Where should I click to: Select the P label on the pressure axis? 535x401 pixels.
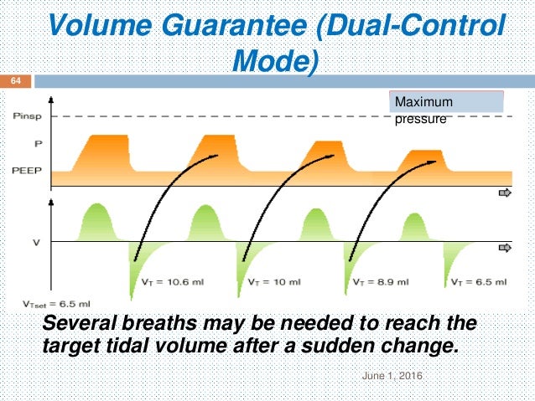pos(27,143)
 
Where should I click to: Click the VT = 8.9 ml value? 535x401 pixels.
pos(380,283)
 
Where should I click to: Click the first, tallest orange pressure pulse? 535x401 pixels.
pos(102,155)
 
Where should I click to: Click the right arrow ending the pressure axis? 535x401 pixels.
pos(506,193)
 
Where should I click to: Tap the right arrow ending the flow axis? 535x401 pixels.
pos(506,248)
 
